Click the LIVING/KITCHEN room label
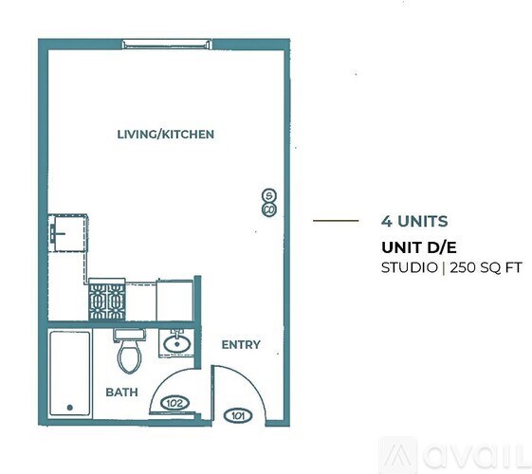coord(165,135)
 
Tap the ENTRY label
coord(240,344)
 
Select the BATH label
coord(121,392)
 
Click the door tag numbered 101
coord(237,414)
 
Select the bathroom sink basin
coord(175,341)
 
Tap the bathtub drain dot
coord(69,408)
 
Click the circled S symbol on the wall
coord(268,195)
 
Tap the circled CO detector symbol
coord(268,209)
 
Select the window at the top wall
coord(163,44)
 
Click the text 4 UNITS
coord(414,221)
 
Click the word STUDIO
coord(409,268)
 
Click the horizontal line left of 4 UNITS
coord(336,221)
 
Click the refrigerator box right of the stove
coord(174,300)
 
